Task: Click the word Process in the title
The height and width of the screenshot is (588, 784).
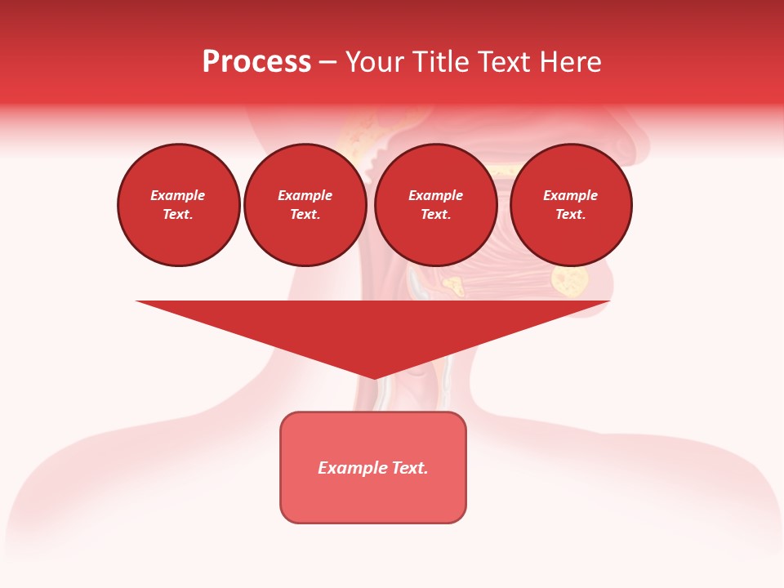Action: click(256, 62)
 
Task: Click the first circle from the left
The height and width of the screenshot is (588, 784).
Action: click(178, 205)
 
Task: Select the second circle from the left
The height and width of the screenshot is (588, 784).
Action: click(305, 205)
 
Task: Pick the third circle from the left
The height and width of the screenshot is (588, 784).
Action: click(435, 205)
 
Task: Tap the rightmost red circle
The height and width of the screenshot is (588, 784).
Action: click(570, 205)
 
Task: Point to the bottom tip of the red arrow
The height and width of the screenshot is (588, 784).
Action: click(374, 378)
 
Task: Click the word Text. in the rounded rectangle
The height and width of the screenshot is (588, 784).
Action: click(410, 468)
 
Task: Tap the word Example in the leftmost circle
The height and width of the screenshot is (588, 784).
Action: click(178, 196)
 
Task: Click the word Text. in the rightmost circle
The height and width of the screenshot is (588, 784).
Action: click(570, 215)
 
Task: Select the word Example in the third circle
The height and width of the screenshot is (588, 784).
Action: click(435, 196)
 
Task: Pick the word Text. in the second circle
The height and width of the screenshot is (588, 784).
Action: click(305, 215)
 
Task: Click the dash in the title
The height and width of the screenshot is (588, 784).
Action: click(327, 62)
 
